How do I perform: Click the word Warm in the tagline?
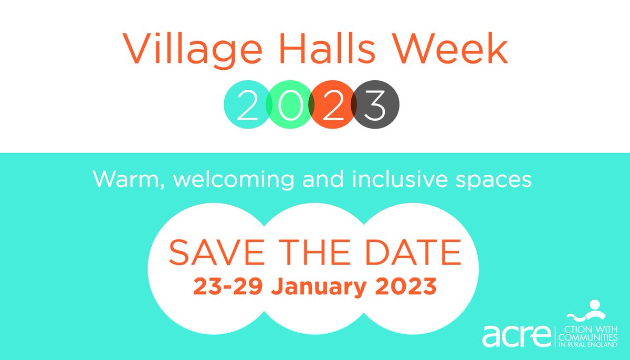pos(122,181)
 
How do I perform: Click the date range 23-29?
pos(224,287)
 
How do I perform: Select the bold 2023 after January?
pos(407,287)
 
